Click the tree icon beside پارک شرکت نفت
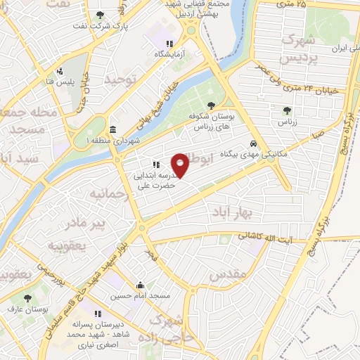[x=101, y=14]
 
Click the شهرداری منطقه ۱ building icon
[x=113, y=129]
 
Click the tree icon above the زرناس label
[x=286, y=110]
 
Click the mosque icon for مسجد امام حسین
[x=140, y=285]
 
